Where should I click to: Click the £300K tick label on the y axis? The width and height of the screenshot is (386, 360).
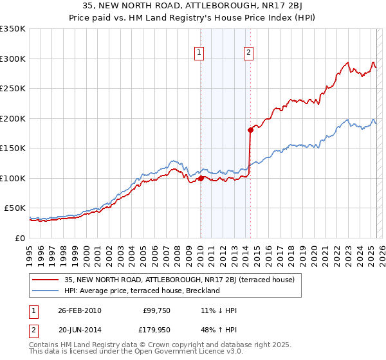click(12, 59)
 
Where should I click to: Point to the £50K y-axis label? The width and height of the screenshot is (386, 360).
click(15, 208)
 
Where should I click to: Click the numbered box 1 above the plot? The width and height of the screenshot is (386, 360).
click(200, 53)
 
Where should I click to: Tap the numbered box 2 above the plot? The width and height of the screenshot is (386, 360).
click(248, 53)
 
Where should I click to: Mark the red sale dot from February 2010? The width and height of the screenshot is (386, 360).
click(201, 178)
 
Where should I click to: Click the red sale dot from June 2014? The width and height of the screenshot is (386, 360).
click(250, 130)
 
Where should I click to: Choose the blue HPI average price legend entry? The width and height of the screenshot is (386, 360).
click(142, 291)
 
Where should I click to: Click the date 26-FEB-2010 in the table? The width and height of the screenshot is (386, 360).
click(80, 310)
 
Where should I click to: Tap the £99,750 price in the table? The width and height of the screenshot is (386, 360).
click(156, 310)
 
